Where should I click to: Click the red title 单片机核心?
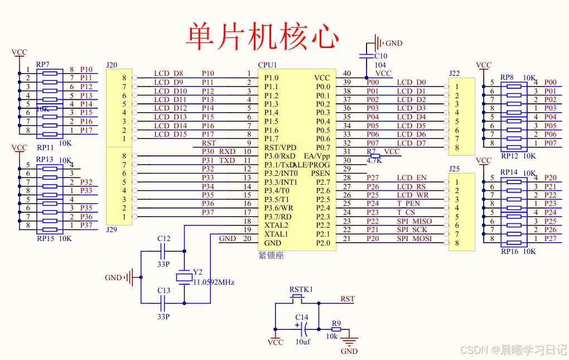262,36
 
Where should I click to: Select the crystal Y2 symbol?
184,277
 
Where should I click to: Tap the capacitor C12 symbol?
164,251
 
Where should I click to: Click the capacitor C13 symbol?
164,303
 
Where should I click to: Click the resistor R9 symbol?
335,329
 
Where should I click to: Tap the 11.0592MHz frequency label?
214,282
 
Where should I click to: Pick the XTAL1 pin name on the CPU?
276,234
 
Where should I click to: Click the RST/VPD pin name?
281,147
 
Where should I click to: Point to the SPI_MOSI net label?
414,239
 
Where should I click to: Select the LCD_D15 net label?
170,135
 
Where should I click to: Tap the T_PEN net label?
408,204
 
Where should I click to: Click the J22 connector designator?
454,73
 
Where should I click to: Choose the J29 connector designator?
112,230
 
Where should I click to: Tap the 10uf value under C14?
303,342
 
